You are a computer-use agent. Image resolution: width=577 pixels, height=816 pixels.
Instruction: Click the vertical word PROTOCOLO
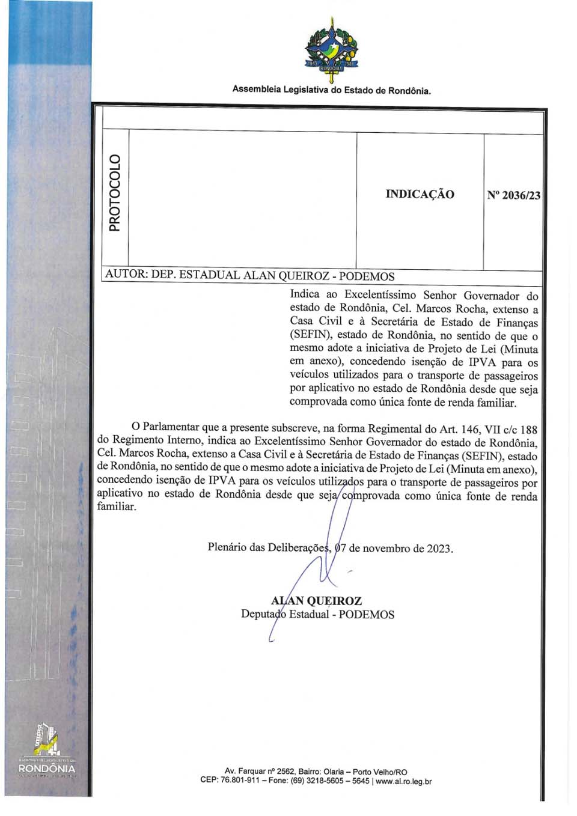[x=114, y=193]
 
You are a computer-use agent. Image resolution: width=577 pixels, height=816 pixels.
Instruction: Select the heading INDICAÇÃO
[x=420, y=194]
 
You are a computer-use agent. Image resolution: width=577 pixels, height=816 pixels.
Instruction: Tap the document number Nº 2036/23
[x=513, y=195]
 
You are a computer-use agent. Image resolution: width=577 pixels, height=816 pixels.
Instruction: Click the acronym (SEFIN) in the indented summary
[x=308, y=336]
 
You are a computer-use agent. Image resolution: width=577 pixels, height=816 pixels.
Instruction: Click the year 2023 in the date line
[x=439, y=549]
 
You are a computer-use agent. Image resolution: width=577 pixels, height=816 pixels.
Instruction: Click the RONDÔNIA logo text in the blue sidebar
[x=47, y=769]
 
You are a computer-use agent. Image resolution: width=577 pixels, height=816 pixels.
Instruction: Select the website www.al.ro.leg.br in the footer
[x=403, y=782]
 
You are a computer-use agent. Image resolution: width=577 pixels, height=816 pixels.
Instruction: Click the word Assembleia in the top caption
[x=256, y=90]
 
